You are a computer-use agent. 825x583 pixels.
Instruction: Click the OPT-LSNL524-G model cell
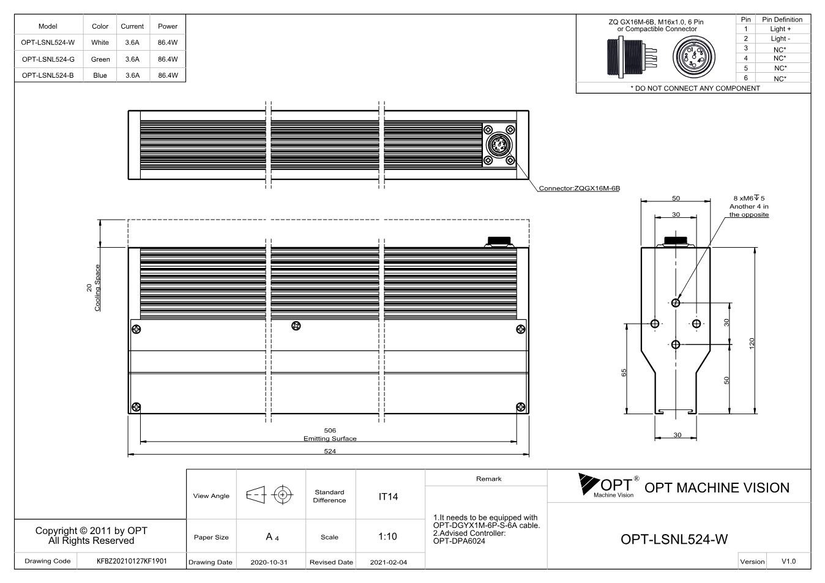48,59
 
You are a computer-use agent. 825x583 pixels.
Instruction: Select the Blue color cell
100,75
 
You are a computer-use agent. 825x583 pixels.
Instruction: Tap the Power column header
168,26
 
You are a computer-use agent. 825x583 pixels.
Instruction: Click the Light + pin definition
780,29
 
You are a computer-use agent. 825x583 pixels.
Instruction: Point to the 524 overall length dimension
330,451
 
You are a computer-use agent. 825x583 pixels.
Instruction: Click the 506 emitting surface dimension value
330,430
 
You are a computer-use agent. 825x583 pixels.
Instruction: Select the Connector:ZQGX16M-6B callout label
580,188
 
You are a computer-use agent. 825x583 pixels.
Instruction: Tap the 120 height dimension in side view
752,343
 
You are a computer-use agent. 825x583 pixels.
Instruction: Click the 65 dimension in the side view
624,373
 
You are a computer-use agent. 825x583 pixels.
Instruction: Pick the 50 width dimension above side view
676,198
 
